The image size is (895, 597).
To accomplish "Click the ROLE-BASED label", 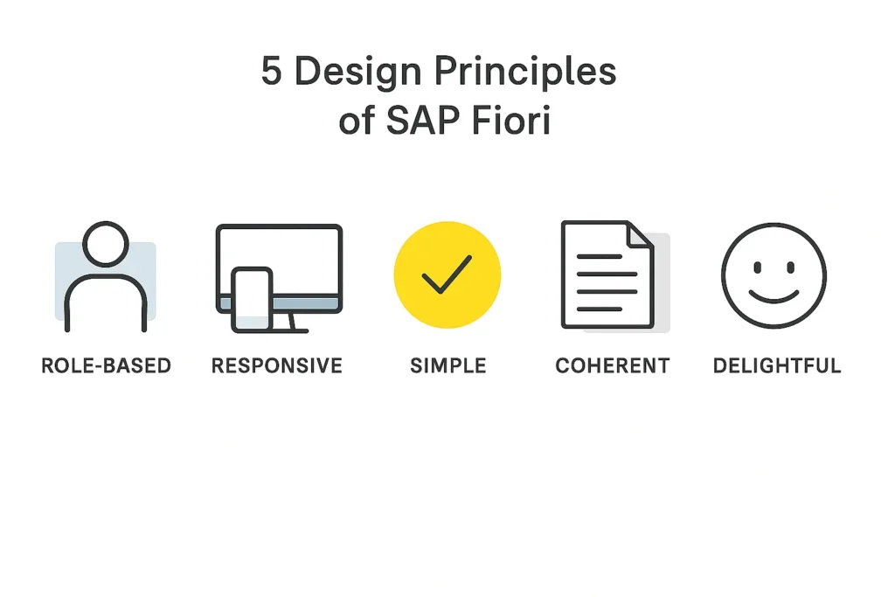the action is [106, 365].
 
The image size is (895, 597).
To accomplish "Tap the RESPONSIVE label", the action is [277, 365].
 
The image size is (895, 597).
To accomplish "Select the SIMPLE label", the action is [448, 365].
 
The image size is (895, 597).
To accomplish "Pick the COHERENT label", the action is [613, 365].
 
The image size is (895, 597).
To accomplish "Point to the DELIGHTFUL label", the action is [777, 365].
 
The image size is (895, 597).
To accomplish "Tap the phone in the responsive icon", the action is [252, 300].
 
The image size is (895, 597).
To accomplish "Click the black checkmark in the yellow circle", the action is [447, 274].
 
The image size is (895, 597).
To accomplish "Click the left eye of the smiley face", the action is [758, 267].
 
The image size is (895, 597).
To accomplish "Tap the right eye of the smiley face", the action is [790, 267].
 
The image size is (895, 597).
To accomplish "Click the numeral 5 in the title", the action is [271, 71].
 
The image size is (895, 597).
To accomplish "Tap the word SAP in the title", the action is [422, 120].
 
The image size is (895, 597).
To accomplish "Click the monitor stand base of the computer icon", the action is [290, 330].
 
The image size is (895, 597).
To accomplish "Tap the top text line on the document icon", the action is [600, 257].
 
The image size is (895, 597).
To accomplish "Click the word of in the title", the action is [357, 121].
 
